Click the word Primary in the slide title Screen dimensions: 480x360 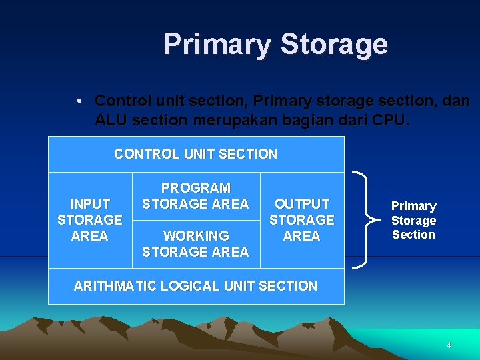tap(217, 45)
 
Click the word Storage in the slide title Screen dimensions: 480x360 tap(333, 45)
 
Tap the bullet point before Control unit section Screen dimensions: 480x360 tap(79, 101)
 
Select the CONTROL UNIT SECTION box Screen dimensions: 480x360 tap(195, 154)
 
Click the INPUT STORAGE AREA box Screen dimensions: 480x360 tap(89, 220)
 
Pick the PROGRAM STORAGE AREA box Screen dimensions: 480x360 tap(195, 196)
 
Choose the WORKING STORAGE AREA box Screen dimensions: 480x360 tap(195, 244)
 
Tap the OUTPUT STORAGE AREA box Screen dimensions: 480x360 tap(301, 220)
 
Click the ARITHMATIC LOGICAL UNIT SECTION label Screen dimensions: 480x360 tap(195, 286)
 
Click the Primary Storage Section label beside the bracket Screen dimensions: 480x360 tap(413, 220)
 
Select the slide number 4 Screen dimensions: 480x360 tap(449, 345)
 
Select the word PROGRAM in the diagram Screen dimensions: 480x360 tap(196, 188)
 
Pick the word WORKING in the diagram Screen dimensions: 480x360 tap(196, 236)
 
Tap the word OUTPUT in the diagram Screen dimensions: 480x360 tap(302, 204)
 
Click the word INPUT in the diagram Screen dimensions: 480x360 tap(90, 204)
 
